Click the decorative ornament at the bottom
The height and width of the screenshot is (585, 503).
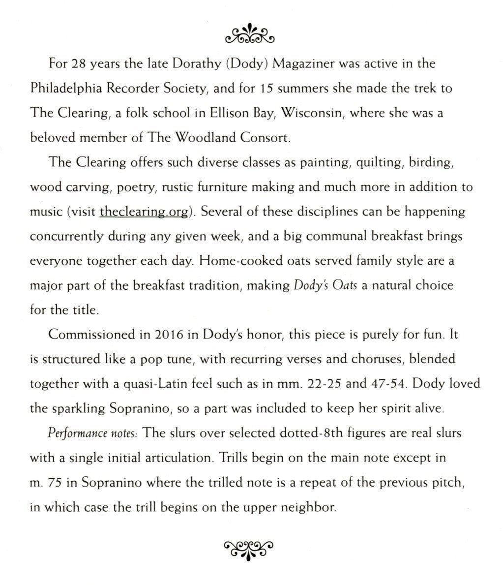[x=249, y=547]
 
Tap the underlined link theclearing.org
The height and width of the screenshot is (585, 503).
[x=144, y=212]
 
